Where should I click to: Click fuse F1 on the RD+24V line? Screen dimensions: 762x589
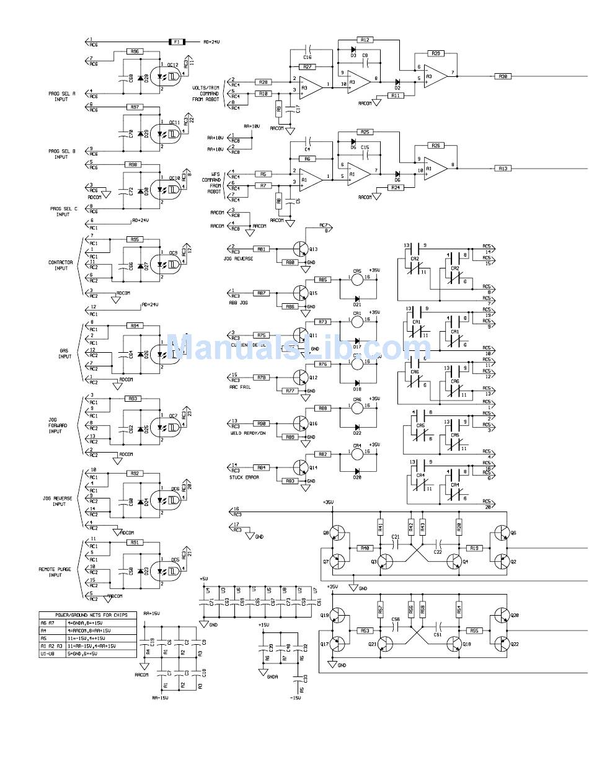(177, 42)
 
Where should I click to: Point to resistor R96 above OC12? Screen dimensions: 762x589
(135, 52)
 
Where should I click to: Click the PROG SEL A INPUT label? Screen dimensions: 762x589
(61, 96)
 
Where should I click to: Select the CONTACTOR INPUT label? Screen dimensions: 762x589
(61, 265)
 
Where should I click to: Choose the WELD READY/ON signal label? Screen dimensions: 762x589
(243, 433)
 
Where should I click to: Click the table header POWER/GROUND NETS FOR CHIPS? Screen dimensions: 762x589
(87, 615)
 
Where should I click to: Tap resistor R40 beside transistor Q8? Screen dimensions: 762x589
(365, 548)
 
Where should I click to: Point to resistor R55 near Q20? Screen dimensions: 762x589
(474, 631)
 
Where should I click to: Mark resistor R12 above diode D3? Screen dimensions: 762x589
(365, 40)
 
